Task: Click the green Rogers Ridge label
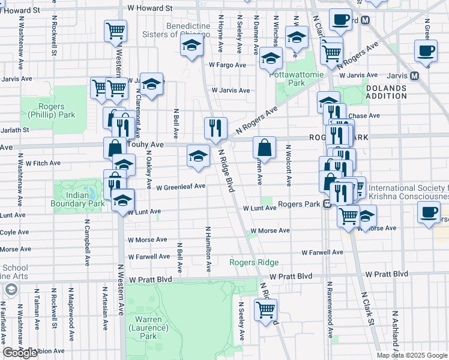255,262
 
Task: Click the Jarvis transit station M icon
414,76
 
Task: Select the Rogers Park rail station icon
327,205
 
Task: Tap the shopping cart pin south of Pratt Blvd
265,310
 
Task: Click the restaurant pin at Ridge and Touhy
215,127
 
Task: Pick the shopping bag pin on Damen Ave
264,146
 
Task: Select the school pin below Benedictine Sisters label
191,45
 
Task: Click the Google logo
20,353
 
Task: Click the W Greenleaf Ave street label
181,187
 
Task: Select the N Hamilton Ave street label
208,249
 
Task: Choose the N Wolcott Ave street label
288,165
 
